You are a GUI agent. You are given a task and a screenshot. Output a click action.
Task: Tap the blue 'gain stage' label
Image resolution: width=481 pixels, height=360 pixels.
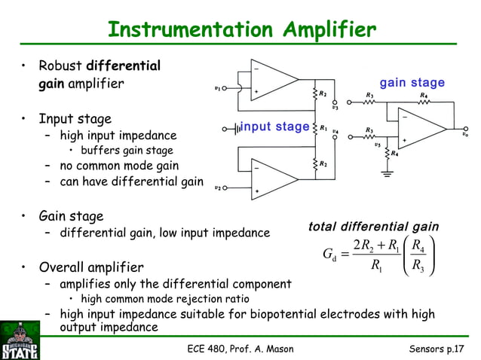(x=412, y=83)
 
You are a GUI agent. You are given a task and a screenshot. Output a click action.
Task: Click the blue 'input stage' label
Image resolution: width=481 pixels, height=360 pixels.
(x=274, y=127)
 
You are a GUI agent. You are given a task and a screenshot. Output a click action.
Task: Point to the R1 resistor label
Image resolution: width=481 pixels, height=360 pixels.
(x=323, y=128)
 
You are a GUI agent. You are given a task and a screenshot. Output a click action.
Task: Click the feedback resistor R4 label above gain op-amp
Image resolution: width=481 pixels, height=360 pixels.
(x=424, y=95)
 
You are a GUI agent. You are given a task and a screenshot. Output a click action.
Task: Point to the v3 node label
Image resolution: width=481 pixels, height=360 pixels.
(x=335, y=107)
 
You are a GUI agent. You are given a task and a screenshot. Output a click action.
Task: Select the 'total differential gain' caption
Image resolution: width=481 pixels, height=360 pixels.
(x=374, y=227)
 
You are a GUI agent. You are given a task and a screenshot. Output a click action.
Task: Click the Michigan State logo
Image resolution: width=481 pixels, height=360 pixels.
(x=20, y=340)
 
